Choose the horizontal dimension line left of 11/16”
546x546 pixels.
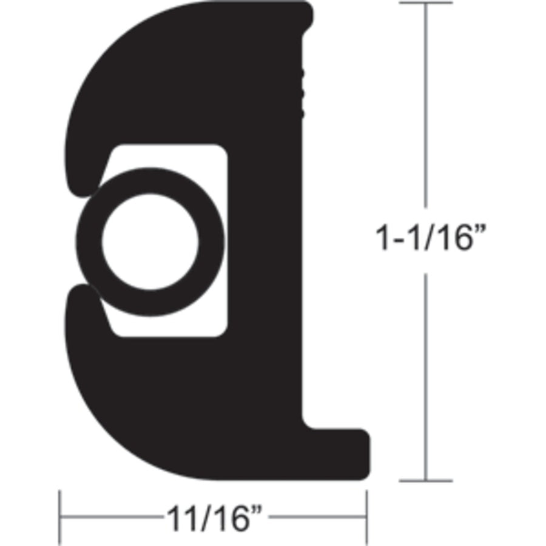click(109, 519)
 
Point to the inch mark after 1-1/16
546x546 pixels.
click(480, 232)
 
